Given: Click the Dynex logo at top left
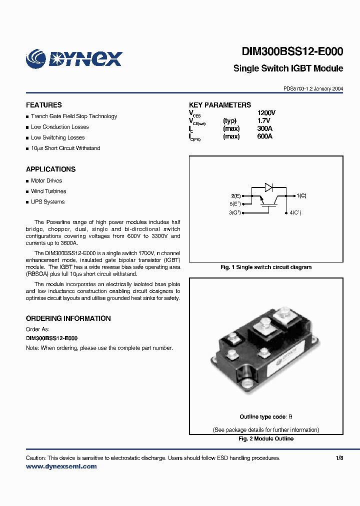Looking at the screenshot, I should pyautogui.click(x=73, y=58).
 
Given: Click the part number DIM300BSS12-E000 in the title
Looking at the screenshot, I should pyautogui.click(x=292, y=51).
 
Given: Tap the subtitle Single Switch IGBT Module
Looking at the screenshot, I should pyautogui.click(x=288, y=68).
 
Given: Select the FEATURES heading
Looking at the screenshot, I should pyautogui.click(x=44, y=105).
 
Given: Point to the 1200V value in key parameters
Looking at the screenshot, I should pyautogui.click(x=266, y=113).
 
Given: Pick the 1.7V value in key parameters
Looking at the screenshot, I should pyautogui.click(x=263, y=121).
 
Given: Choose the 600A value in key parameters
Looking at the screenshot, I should pyautogui.click(x=264, y=136).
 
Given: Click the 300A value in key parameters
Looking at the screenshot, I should pyautogui.click(x=264, y=128).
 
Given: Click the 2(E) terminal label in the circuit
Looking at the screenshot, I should pyautogui.click(x=236, y=195).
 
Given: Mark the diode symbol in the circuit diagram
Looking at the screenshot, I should pyautogui.click(x=268, y=187).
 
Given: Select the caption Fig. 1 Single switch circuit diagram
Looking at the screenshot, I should pyautogui.click(x=266, y=267).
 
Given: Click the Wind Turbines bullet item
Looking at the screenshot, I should pyautogui.click(x=48, y=191).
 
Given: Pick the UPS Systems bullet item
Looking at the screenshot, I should pyautogui.click(x=47, y=202).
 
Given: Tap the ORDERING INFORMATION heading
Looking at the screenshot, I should pyautogui.click(x=68, y=318).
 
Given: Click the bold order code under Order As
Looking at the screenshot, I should pyautogui.click(x=51, y=338).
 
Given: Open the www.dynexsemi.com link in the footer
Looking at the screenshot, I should pyautogui.click(x=61, y=466).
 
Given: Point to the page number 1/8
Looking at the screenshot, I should pyautogui.click(x=339, y=458).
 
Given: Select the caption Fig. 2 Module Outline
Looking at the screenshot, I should pyautogui.click(x=266, y=438).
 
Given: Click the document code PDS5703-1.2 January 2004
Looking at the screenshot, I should pyautogui.click(x=313, y=88).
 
